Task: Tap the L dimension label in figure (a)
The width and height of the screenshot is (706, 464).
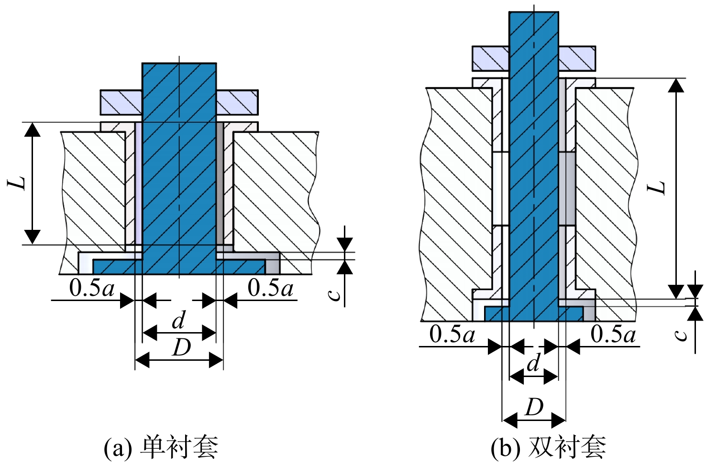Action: tap(16, 183)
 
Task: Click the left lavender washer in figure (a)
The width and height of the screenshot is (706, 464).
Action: tap(121, 102)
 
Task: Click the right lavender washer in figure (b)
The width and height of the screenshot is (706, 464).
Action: tap(577, 58)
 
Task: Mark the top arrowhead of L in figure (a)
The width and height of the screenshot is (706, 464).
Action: tap(33, 129)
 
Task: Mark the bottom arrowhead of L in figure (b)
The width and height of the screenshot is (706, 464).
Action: tap(676, 291)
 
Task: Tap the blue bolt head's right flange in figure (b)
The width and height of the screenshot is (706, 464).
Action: tap(571, 314)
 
